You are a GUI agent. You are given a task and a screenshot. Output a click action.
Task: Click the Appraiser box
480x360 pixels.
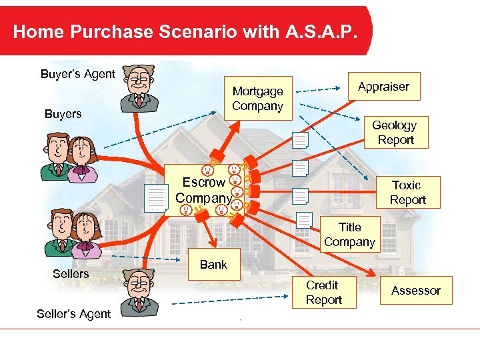(x=383, y=87)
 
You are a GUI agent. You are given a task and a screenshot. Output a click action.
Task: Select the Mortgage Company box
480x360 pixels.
(x=258, y=98)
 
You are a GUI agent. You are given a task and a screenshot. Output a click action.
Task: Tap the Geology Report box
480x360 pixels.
(x=394, y=133)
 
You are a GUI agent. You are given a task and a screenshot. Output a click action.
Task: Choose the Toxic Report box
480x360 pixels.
(x=407, y=192)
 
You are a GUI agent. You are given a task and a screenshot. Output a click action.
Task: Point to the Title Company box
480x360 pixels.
(x=349, y=235)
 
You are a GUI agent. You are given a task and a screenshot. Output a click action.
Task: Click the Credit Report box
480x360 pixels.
(x=323, y=293)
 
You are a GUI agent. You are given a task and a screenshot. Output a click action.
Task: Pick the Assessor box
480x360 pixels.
(x=416, y=291)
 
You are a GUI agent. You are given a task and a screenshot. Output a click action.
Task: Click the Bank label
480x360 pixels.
(x=213, y=265)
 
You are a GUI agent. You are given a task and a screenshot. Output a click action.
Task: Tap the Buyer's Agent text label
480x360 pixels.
(x=78, y=74)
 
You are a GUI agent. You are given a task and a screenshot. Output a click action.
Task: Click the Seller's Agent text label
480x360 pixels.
(x=73, y=314)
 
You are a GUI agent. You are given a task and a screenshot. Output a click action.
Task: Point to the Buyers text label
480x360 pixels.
(x=63, y=114)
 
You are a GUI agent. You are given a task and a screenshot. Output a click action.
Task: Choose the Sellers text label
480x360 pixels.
(x=71, y=273)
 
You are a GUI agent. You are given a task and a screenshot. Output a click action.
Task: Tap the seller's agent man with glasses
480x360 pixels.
(x=139, y=291)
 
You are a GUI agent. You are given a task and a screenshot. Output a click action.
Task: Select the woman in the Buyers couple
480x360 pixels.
(x=85, y=159)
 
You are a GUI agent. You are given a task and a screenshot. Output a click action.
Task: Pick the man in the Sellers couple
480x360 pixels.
(x=60, y=233)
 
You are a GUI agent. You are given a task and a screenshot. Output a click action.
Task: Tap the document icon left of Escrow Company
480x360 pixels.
(x=157, y=198)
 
